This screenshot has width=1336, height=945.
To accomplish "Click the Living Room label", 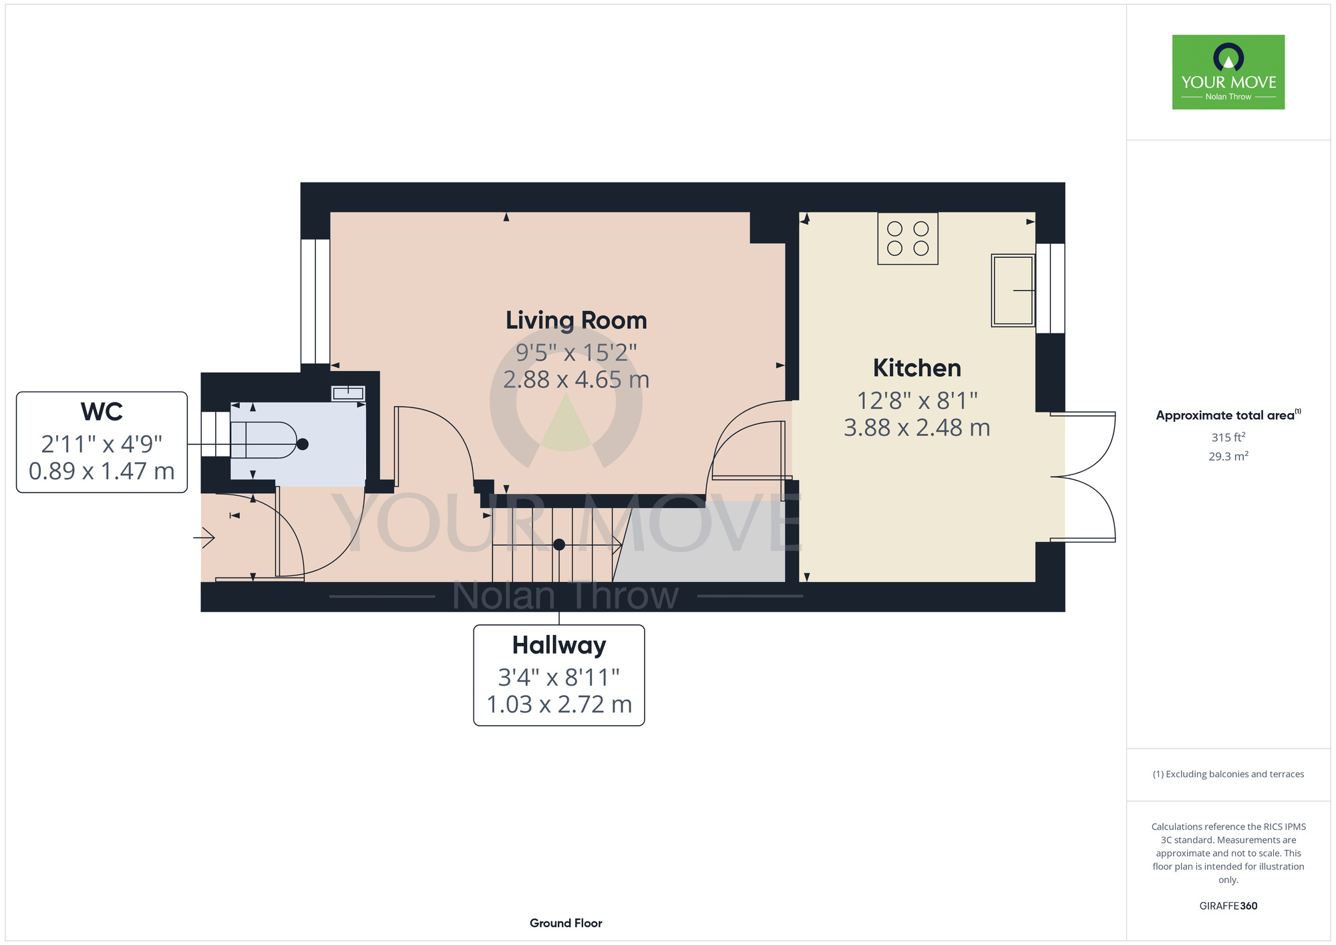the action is tap(576, 321).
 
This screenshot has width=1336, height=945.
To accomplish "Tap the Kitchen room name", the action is tap(916, 368).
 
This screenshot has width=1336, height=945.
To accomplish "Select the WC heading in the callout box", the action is tap(102, 412).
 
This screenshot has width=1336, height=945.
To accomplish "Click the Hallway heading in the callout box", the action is tap(559, 646).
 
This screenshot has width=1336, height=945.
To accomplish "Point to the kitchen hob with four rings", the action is tap(908, 239).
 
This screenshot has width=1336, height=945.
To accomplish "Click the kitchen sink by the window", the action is tap(1013, 290).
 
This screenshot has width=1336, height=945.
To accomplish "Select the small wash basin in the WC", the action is tap(348, 393).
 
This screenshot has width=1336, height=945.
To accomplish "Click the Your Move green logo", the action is tap(1228, 72).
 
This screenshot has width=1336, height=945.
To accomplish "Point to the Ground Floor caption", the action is tap(566, 923).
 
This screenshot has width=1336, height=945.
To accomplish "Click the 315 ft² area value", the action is tap(1228, 437).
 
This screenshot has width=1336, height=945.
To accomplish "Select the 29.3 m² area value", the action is tap(1228, 456).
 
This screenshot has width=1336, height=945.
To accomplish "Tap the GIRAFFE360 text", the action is tap(1228, 906).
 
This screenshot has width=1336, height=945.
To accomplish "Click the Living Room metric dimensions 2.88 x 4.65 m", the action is tap(576, 380).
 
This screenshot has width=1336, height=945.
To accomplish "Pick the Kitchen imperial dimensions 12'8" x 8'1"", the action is tap(917, 400).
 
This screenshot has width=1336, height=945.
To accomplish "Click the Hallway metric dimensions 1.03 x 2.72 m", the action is tap(559, 704).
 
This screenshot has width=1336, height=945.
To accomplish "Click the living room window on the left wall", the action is tap(315, 301).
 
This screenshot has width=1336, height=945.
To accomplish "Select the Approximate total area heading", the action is tap(1228, 415).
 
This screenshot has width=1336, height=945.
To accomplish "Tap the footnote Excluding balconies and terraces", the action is tap(1228, 774).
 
